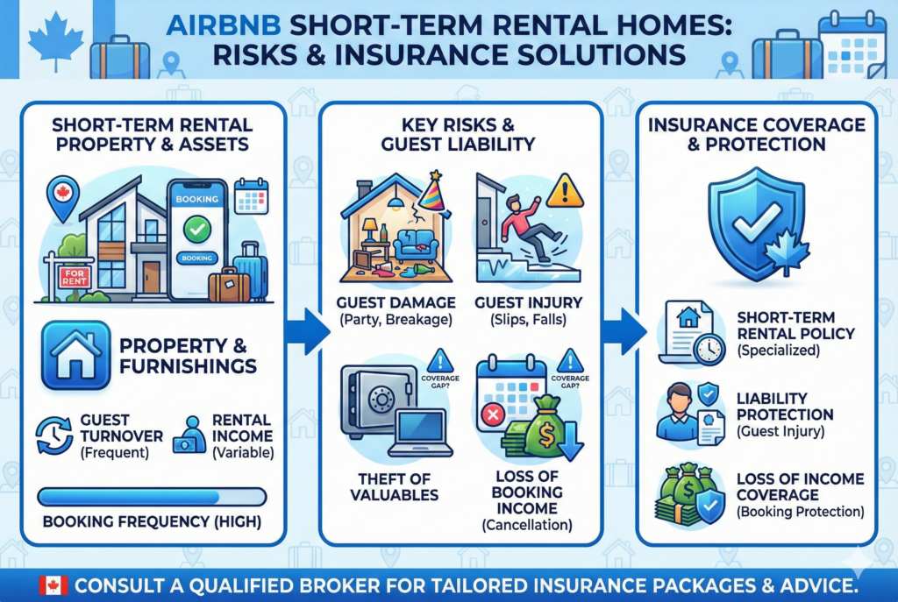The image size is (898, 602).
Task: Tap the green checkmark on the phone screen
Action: (x=197, y=230)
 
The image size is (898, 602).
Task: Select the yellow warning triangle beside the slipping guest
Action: (x=564, y=191)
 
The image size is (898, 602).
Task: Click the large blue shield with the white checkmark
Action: (x=756, y=224)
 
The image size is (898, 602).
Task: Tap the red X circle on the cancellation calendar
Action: (x=493, y=414)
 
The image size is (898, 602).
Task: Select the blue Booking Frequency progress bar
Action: (x=152, y=497)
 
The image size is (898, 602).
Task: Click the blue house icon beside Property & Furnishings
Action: (x=75, y=356)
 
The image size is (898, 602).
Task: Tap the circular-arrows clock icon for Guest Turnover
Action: (x=54, y=436)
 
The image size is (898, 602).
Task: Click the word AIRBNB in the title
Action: (x=224, y=25)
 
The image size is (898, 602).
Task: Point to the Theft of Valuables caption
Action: (x=394, y=487)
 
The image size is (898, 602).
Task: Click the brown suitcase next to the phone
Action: (x=229, y=285)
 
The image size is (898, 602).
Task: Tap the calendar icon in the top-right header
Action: (x=852, y=46)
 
